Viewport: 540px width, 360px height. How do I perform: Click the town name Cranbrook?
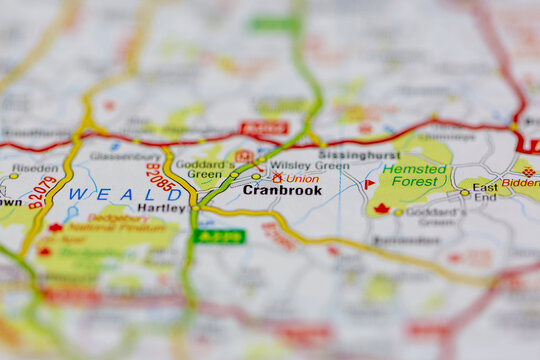[282, 190]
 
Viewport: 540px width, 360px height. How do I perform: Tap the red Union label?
[302, 178]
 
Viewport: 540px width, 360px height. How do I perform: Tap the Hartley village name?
[162, 208]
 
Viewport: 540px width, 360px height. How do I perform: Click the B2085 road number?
[160, 176]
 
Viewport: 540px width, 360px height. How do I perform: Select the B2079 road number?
[43, 191]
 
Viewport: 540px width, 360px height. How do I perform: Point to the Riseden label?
[35, 169]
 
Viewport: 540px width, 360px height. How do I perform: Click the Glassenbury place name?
[123, 155]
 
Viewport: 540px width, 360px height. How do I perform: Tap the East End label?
[484, 192]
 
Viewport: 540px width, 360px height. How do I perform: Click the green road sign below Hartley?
[219, 236]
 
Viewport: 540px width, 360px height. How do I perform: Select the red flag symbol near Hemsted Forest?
[369, 184]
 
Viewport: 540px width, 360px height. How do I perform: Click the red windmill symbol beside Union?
[277, 178]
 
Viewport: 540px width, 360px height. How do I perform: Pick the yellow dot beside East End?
[464, 193]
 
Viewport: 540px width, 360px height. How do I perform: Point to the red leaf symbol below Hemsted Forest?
[381, 209]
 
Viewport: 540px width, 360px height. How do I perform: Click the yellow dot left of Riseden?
[13, 176]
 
